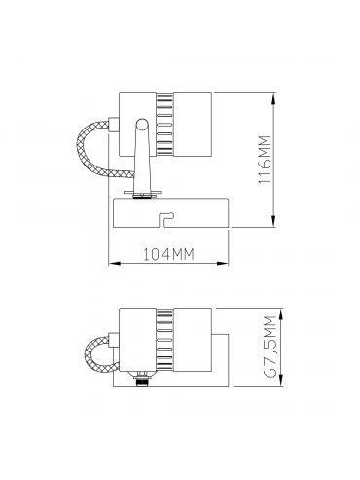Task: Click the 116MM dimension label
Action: pyautogui.click(x=265, y=160)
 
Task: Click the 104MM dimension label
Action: pyautogui.click(x=168, y=254)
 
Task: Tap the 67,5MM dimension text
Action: pyautogui.click(x=270, y=347)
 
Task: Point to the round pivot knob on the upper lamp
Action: pyautogui.click(x=142, y=125)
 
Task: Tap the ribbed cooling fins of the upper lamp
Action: pyautogui.click(x=164, y=124)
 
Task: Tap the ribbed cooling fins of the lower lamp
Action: pyautogui.click(x=164, y=340)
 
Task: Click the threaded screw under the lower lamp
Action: pyautogui.click(x=142, y=380)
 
